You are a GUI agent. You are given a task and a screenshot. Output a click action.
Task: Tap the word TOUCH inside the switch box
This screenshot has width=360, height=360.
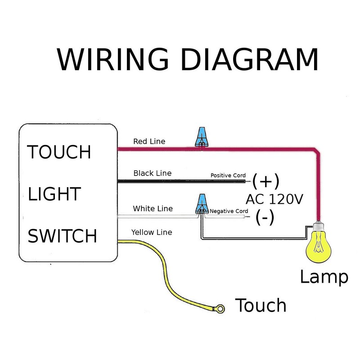click(x=59, y=152)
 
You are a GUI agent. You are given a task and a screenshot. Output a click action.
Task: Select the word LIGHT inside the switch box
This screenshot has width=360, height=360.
click(x=54, y=194)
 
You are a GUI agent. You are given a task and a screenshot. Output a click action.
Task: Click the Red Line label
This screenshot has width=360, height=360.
click(x=149, y=141)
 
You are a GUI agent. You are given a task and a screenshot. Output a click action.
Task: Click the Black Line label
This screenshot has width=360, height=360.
click(x=152, y=173)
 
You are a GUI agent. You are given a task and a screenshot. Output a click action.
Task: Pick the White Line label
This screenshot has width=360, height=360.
click(x=152, y=209)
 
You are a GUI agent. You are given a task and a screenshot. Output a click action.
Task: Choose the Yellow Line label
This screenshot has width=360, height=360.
click(x=152, y=232)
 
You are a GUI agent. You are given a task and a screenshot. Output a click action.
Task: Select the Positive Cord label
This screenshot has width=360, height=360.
click(x=228, y=175)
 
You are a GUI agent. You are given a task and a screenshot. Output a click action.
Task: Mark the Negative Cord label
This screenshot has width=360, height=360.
click(x=229, y=211)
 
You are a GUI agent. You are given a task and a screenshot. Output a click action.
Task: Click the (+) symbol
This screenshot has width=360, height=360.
click(x=266, y=181)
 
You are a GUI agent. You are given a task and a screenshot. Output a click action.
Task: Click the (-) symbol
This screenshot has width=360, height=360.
click(x=265, y=218)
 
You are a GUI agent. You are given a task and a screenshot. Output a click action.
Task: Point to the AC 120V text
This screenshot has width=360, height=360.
click(x=274, y=199)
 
